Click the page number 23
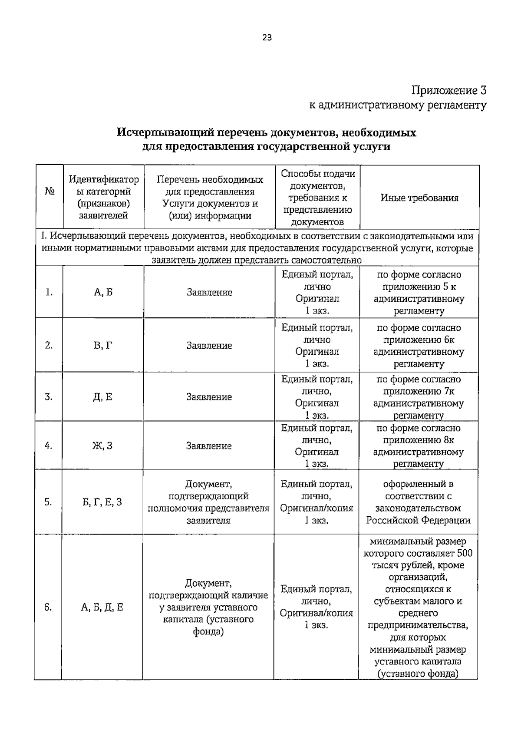(267, 38)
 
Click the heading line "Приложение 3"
(449, 90)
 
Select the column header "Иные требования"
(419, 198)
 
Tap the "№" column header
(49, 191)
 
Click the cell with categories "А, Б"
(103, 292)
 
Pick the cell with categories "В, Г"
(103, 346)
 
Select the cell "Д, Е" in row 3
(103, 397)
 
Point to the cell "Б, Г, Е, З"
(102, 502)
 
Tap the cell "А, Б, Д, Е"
(102, 607)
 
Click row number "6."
(48, 607)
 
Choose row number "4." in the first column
(49, 446)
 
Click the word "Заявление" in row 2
(209, 346)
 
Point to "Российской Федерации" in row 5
(418, 520)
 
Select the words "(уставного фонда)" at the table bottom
(418, 674)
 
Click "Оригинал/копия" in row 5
(317, 508)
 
